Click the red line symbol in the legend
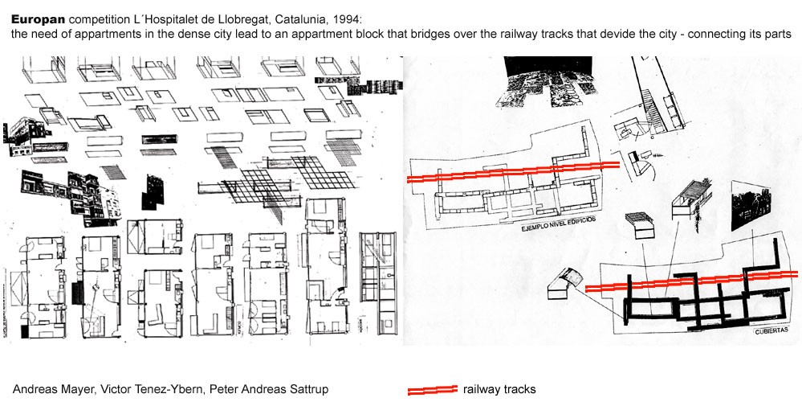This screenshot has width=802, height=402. pos(432,389)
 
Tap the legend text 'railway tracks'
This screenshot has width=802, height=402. pos(499,388)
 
